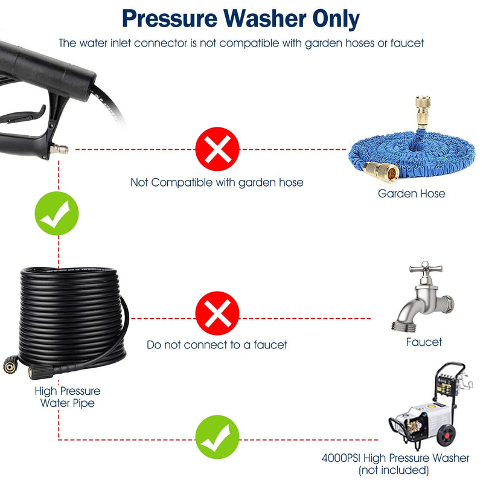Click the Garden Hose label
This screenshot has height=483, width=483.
pyautogui.click(x=411, y=194)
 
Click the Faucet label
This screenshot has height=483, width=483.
pyautogui.click(x=424, y=342)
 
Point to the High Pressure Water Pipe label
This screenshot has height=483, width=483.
pyautogui.click(x=67, y=397)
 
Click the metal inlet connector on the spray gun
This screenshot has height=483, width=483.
pyautogui.click(x=59, y=149)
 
